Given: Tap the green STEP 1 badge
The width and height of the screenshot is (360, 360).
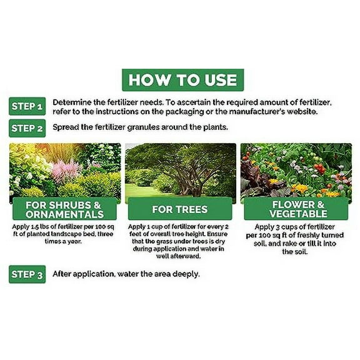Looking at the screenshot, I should (x=27, y=107).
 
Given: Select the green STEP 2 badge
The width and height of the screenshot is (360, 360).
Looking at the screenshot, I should (x=27, y=129).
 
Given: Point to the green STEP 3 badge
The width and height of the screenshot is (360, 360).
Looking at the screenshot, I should (x=27, y=274).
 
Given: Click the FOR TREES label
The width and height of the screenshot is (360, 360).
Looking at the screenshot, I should (x=181, y=209).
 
